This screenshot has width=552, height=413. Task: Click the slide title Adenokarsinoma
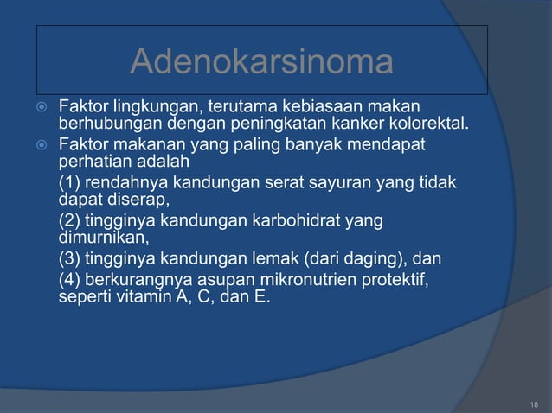(261, 62)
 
